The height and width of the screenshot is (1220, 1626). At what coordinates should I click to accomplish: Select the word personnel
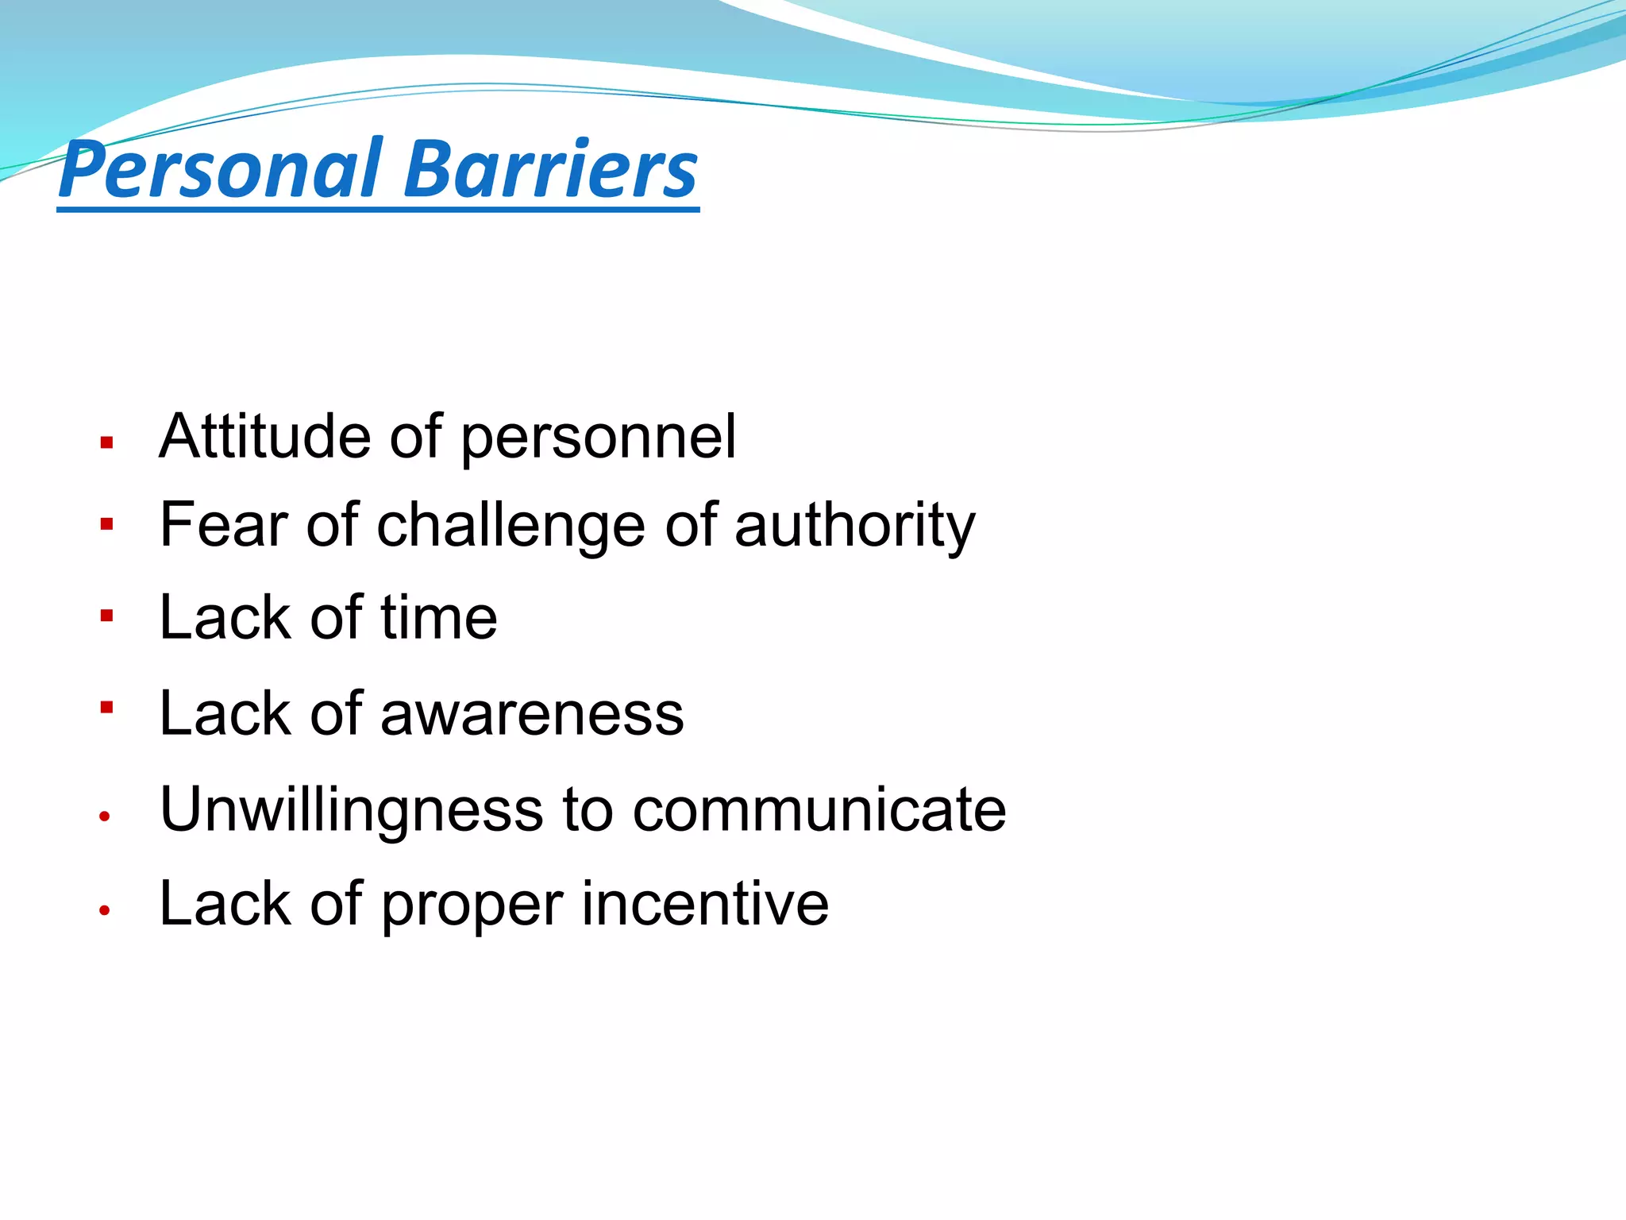pos(598,439)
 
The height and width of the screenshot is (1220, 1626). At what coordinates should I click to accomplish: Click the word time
pos(438,618)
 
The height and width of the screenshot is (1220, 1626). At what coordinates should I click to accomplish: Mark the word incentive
pos(705,904)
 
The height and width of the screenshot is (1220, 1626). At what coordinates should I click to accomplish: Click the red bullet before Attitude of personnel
pos(107,443)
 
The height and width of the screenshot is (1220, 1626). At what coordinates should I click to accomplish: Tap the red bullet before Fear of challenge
pos(107,524)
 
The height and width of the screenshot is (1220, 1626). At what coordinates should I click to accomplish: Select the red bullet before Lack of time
pos(107,616)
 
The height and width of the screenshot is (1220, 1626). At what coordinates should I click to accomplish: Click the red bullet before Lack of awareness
pos(107,705)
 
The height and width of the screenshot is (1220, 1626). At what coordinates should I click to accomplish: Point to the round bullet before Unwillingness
pos(104,817)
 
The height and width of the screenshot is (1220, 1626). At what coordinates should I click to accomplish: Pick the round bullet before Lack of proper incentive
pos(104,911)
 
